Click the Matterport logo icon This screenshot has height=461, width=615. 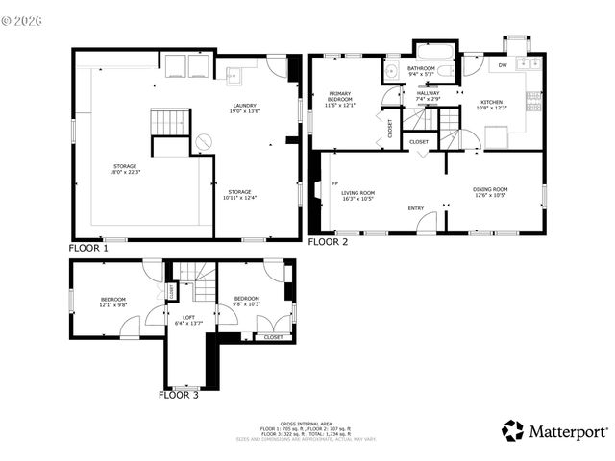(x=513, y=430)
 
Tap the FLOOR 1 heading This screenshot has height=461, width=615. (x=89, y=248)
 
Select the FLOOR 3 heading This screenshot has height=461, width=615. (x=179, y=394)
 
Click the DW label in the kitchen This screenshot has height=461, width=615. (x=503, y=65)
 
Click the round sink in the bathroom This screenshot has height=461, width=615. (x=391, y=71)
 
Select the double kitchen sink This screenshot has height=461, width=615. (x=526, y=63)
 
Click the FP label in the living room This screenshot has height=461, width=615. (x=335, y=182)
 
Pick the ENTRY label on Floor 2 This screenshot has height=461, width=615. (x=416, y=208)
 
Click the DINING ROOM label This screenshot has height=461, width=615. (x=490, y=189)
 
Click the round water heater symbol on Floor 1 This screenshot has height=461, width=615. (x=204, y=142)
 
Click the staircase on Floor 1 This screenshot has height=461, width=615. (x=166, y=122)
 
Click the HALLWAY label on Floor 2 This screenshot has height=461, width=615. (x=428, y=92)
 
